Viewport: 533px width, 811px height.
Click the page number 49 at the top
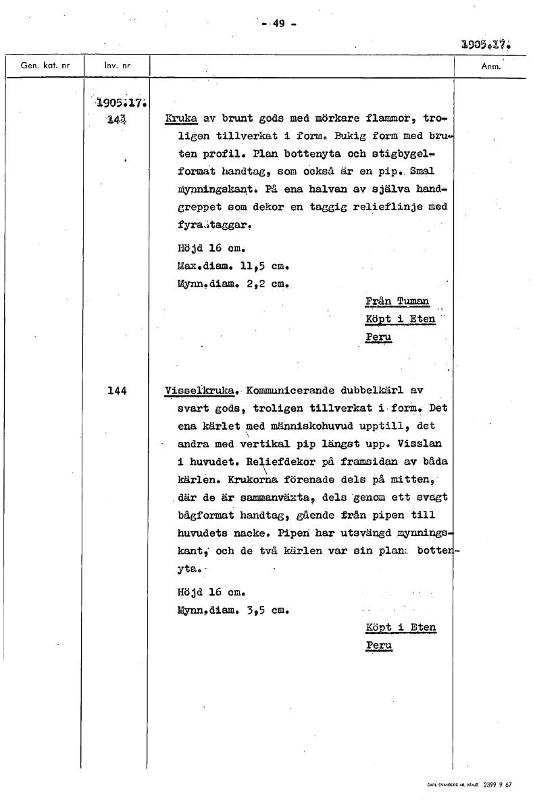click(279, 24)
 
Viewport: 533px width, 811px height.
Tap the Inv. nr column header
click(117, 66)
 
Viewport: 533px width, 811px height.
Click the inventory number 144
click(117, 391)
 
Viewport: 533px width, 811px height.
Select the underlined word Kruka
click(180, 119)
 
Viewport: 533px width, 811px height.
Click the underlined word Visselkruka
click(201, 391)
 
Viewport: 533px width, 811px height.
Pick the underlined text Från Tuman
click(397, 301)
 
